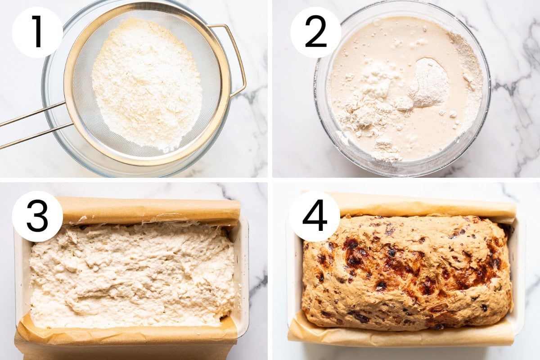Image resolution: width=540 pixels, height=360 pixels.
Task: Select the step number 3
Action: pos(37,216)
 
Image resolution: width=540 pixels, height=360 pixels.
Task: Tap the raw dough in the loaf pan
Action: pos(132,275)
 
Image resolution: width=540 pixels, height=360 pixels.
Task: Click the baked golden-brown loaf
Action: pos(407,272)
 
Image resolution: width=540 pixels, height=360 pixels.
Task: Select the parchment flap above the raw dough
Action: pos(149,210)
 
